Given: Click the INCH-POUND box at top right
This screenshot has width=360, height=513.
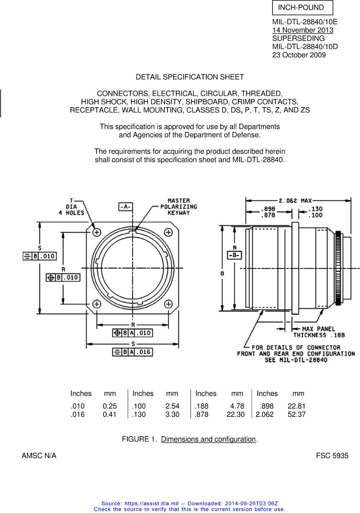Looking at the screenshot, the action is click(x=303, y=8).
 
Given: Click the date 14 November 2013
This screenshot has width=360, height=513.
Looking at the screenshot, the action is click(x=303, y=30).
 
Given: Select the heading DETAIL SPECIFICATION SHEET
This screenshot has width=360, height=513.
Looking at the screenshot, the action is click(x=190, y=77).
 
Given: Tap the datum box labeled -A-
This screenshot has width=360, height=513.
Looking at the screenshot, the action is click(x=126, y=207).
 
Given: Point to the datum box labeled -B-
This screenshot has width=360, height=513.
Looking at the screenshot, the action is click(x=235, y=255).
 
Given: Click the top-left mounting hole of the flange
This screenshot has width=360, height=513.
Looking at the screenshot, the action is click(x=97, y=232).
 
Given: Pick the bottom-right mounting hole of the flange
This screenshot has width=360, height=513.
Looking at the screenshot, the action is click(x=168, y=304).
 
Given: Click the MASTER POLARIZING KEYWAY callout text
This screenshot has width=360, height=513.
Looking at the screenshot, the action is click(x=179, y=207).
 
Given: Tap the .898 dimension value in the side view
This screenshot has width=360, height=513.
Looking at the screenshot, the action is click(x=268, y=209).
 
